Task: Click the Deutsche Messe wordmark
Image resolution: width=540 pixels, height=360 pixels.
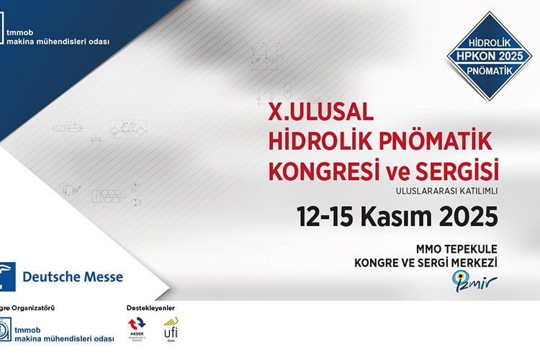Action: point(73,276)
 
